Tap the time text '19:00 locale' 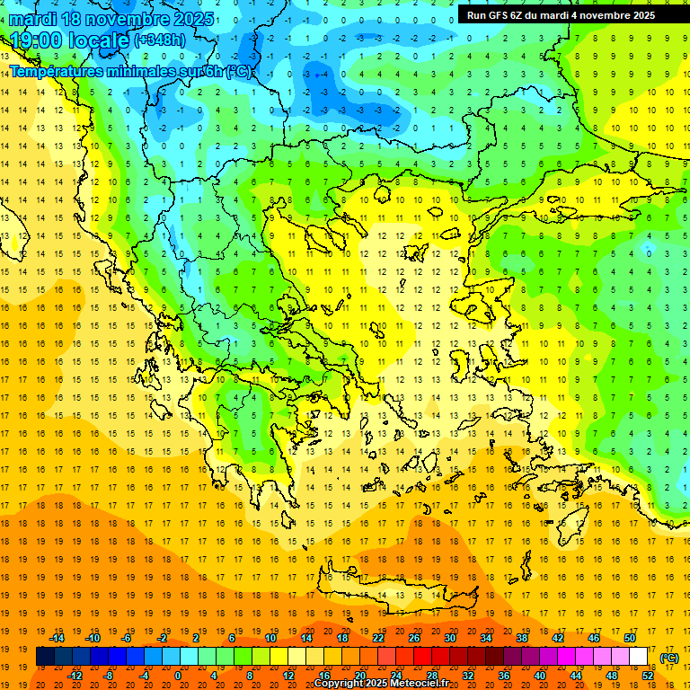(x=70, y=40)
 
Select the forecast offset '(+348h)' (x=160, y=40)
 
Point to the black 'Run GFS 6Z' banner (x=561, y=14)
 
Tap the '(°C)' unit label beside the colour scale (x=669, y=658)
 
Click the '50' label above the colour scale (x=630, y=638)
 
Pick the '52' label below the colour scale (x=648, y=676)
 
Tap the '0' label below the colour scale (x=177, y=676)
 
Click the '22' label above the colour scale (x=378, y=638)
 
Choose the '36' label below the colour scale (x=504, y=676)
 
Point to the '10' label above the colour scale (x=270, y=638)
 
